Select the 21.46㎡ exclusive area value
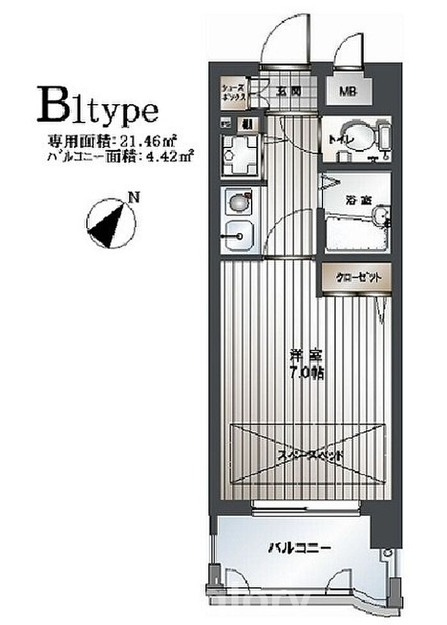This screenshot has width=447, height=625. (153, 140)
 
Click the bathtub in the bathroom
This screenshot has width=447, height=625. (355, 233)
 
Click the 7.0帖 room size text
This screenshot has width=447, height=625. (307, 373)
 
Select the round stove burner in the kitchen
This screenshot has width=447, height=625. (236, 203)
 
